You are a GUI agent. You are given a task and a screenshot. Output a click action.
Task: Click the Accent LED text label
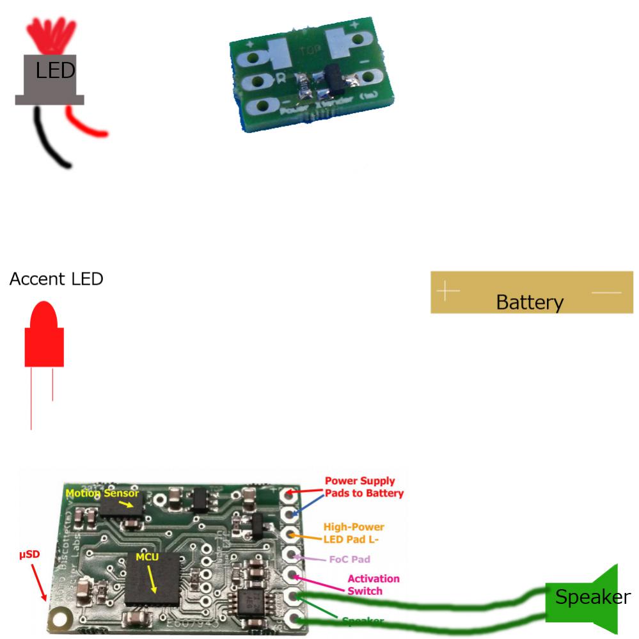pyautogui.click(x=56, y=280)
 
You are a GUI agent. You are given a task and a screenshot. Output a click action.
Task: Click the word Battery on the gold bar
pyautogui.click(x=530, y=302)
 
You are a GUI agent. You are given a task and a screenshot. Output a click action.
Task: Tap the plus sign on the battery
pyautogui.click(x=448, y=292)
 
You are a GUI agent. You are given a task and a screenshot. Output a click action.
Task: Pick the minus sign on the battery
pyautogui.click(x=606, y=292)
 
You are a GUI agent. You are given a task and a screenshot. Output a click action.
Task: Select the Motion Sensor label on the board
pyautogui.click(x=102, y=493)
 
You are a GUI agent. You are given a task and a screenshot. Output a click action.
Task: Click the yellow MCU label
pyautogui.click(x=147, y=557)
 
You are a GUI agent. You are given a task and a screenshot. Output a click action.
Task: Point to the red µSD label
pyautogui.click(x=29, y=553)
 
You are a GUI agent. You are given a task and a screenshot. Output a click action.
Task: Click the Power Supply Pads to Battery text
pyautogui.click(x=364, y=487)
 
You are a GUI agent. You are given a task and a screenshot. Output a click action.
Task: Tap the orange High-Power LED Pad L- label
pyautogui.click(x=354, y=533)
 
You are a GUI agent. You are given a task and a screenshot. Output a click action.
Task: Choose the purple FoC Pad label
pyautogui.click(x=349, y=559)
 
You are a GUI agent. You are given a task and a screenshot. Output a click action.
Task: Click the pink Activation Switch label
pyautogui.click(x=373, y=585)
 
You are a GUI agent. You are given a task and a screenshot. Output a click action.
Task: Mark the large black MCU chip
pyautogui.click(x=152, y=579)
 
